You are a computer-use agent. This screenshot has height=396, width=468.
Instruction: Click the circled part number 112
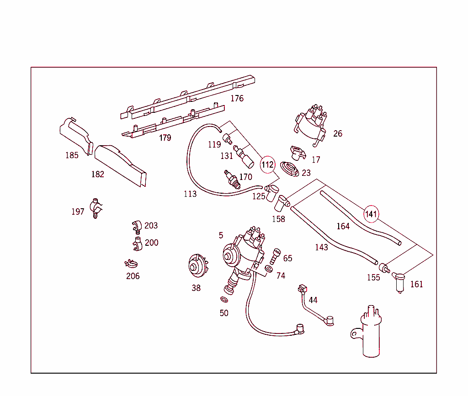pyautogui.click(x=268, y=164)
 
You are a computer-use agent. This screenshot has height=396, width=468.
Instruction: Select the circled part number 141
pyautogui.click(x=371, y=213)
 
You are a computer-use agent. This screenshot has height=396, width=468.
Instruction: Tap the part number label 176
pyautogui.click(x=237, y=98)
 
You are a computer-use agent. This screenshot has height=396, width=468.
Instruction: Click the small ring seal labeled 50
pyautogui.click(x=224, y=300)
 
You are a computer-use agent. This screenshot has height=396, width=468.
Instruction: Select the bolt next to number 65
pyautogui.click(x=275, y=256)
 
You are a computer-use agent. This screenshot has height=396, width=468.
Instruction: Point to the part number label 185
pyautogui.click(x=72, y=155)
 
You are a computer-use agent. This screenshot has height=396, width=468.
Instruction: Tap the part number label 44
pyautogui.click(x=313, y=300)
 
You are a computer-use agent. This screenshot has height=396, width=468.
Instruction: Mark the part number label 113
pyautogui.click(x=190, y=194)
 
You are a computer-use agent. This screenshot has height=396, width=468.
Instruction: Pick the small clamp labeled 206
pyautogui.click(x=131, y=264)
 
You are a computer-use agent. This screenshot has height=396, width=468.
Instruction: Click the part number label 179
pyautogui.click(x=165, y=138)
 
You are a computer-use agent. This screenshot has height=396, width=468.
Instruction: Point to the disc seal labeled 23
pyautogui.click(x=290, y=169)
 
